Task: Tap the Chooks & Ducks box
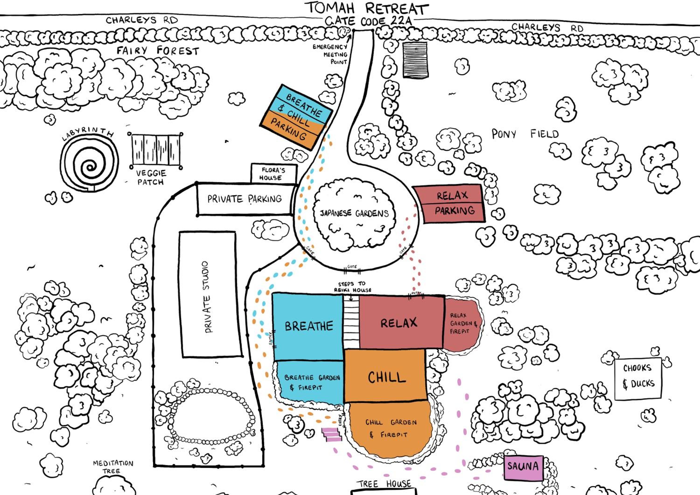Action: (x=638, y=378)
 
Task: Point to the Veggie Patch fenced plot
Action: (x=156, y=150)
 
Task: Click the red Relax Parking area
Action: (x=450, y=203)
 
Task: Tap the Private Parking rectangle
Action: (x=245, y=199)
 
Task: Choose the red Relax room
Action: (x=402, y=322)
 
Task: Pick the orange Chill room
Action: (x=386, y=375)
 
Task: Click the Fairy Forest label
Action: (x=158, y=50)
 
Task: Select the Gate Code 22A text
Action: (x=368, y=21)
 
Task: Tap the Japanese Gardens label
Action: (x=354, y=213)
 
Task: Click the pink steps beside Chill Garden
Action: (x=332, y=434)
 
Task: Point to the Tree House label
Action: (x=384, y=484)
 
